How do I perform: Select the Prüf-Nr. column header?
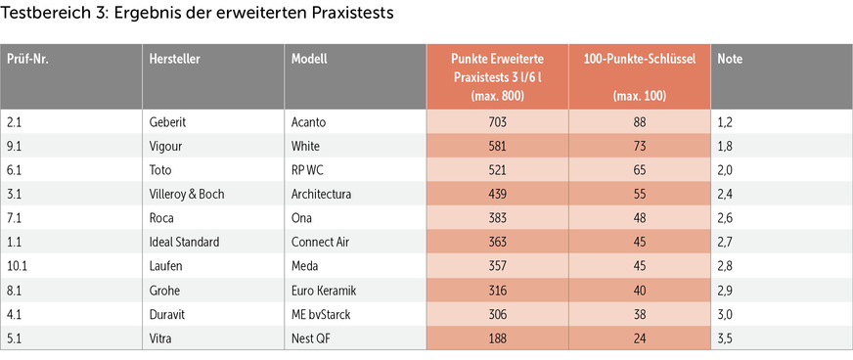point(29,59)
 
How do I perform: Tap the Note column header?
point(730,59)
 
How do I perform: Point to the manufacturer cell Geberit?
point(168,121)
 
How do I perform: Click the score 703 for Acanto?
point(497,121)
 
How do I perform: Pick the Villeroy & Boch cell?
point(187,194)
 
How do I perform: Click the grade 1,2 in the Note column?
point(727,121)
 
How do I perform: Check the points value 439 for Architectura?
point(497,194)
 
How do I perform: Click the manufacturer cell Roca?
point(162,217)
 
